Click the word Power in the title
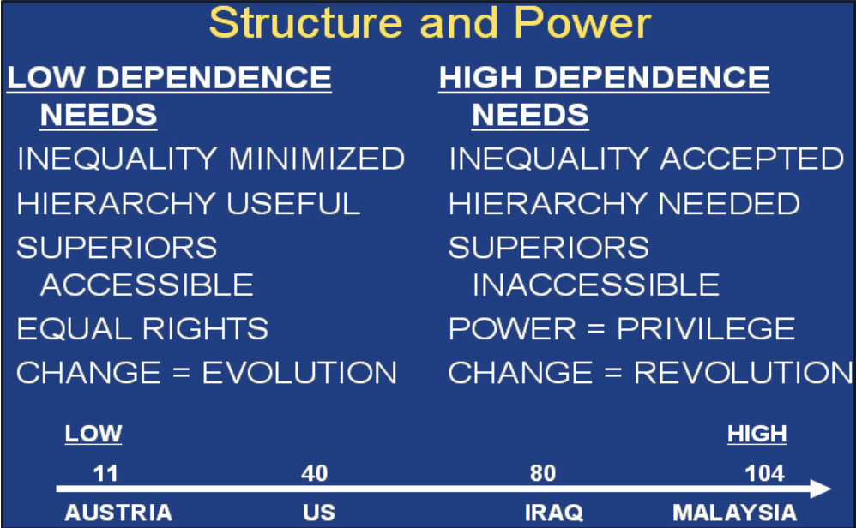click(x=582, y=23)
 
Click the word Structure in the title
click(x=305, y=23)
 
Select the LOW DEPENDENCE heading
click(x=169, y=77)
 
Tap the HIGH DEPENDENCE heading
click(x=604, y=77)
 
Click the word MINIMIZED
click(x=316, y=159)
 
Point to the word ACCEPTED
click(x=752, y=159)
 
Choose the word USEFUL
click(x=293, y=203)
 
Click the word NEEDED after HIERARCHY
click(x=729, y=203)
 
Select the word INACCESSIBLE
click(x=595, y=285)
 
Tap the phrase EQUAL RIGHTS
click(x=142, y=329)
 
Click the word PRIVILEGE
click(x=706, y=329)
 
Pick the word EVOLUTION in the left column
click(x=299, y=373)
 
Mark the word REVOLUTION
click(x=743, y=373)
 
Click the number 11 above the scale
click(x=105, y=473)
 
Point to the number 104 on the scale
click(x=765, y=473)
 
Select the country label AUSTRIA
click(x=118, y=513)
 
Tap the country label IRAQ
click(x=553, y=513)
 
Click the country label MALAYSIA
click(x=734, y=513)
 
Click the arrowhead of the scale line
click(x=820, y=489)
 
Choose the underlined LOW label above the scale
click(x=93, y=435)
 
